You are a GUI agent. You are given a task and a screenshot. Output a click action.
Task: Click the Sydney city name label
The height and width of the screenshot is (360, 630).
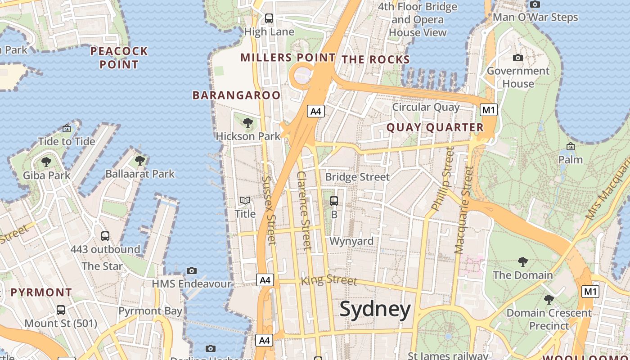(375, 310)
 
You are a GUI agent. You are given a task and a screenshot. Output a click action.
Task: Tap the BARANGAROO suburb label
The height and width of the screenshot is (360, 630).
(236, 95)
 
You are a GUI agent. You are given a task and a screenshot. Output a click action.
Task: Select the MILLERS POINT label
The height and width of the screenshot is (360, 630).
(288, 58)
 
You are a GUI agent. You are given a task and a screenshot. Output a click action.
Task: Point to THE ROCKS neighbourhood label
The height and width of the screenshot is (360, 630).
(376, 59)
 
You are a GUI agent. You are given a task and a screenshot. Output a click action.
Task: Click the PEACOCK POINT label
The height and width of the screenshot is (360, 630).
(119, 58)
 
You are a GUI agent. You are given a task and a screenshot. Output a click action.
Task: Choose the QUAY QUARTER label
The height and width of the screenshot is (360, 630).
(435, 128)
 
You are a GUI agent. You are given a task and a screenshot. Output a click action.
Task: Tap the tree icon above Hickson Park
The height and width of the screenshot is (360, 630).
(247, 122)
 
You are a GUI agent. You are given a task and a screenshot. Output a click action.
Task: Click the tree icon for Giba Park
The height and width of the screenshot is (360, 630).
(46, 162)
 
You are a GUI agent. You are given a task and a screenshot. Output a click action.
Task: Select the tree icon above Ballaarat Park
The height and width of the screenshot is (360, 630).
(140, 160)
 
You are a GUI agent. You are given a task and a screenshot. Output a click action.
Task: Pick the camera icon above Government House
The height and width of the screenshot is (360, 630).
(518, 58)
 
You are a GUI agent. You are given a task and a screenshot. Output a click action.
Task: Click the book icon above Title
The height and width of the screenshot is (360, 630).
(245, 201)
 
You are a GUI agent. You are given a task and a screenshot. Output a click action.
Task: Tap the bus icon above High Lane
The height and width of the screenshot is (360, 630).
(269, 18)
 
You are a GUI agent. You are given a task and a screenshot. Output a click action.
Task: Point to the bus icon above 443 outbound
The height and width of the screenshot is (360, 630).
(105, 236)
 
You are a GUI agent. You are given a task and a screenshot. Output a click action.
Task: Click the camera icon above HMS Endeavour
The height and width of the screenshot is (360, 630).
(192, 270)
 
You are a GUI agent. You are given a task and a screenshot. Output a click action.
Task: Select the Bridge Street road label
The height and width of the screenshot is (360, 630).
(357, 177)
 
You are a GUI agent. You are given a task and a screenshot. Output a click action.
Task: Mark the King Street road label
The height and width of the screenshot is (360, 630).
(328, 280)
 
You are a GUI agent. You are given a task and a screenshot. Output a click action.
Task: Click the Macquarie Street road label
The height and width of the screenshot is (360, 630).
(464, 210)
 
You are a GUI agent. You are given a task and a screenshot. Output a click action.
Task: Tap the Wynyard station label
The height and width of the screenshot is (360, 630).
(351, 241)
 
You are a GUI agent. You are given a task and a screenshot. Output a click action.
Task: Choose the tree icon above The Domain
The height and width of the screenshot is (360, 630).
(522, 261)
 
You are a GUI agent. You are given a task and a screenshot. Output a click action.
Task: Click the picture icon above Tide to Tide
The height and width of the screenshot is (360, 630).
(67, 128)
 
